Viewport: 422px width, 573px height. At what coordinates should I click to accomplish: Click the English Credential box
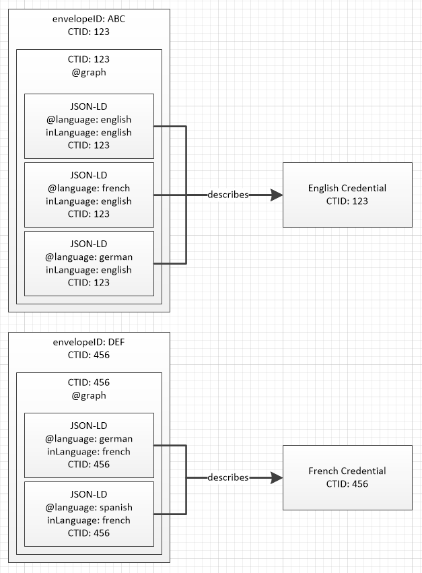tap(347, 195)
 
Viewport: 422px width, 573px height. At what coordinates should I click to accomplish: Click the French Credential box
tap(347, 477)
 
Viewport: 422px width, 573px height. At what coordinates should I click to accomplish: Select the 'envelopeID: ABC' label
tap(89, 18)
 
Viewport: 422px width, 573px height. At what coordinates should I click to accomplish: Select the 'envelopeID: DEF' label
tap(89, 342)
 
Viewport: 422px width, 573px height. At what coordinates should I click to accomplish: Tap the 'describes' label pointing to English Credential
tap(228, 195)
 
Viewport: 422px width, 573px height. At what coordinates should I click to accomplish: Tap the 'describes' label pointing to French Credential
tap(228, 477)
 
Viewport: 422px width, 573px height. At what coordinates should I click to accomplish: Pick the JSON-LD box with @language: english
tap(89, 126)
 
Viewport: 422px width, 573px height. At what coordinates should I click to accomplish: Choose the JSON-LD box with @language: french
tap(89, 195)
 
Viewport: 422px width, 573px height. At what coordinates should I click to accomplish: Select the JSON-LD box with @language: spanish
tap(89, 513)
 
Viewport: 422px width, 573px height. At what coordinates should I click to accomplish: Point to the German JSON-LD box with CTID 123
tap(89, 263)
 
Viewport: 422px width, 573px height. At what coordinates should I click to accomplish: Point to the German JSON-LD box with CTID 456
tap(89, 445)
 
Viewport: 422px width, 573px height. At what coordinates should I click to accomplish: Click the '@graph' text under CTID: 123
tap(89, 72)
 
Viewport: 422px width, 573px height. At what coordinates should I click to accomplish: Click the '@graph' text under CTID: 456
tap(89, 396)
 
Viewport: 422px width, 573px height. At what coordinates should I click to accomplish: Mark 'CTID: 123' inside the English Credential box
tap(347, 201)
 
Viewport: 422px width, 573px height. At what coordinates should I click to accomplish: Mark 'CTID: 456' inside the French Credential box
tap(347, 483)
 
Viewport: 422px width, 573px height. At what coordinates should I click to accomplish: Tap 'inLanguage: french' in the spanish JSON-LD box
tap(89, 520)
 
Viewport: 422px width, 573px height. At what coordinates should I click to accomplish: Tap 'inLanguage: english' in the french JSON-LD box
tap(89, 201)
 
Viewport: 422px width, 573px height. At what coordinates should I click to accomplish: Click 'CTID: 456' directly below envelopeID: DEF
tap(89, 355)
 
